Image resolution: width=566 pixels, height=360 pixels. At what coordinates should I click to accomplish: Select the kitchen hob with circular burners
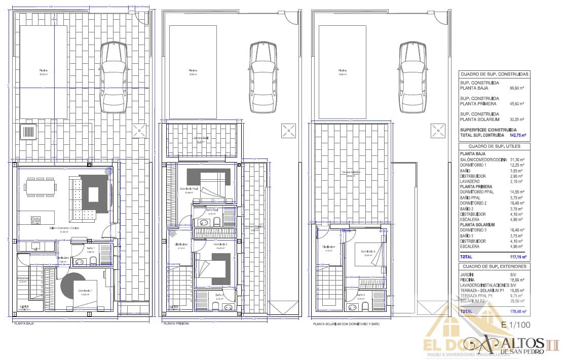coord(35,220)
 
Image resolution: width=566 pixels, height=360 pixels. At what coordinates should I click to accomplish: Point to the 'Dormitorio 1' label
coord(85,291)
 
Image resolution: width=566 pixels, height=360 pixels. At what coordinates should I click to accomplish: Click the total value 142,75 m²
coord(517,135)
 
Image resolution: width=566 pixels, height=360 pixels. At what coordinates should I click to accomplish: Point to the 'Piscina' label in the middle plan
coord(193,70)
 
